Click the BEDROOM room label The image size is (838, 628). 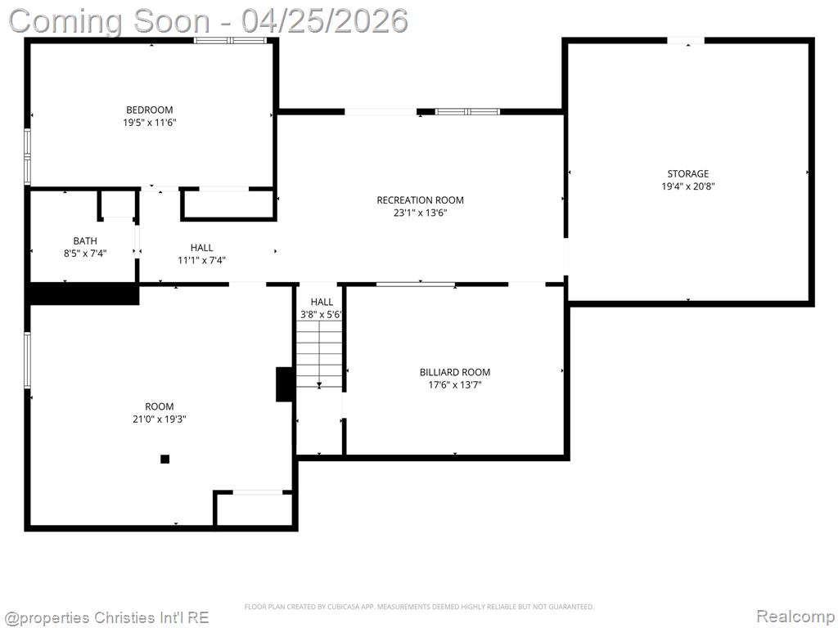click(x=150, y=110)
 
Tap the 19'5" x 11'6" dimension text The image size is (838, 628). click(x=150, y=123)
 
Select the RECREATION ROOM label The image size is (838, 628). click(x=420, y=200)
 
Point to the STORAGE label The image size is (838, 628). click(x=687, y=173)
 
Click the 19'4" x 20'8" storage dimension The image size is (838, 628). click(x=687, y=186)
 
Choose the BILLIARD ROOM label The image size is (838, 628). click(x=455, y=372)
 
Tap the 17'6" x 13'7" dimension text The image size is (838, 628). click(x=455, y=385)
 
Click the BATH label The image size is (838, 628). click(x=85, y=241)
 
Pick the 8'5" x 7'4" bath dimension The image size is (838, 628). click(x=85, y=253)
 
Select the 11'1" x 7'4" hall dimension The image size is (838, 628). click(x=201, y=261)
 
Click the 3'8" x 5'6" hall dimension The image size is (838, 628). click(x=321, y=315)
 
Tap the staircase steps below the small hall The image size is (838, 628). click(x=320, y=355)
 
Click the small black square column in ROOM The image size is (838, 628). click(x=165, y=459)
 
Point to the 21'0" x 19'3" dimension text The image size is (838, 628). click(x=160, y=419)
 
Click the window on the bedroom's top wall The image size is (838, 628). click(x=230, y=40)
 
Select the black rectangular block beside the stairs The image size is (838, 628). click(x=284, y=384)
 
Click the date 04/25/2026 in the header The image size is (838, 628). click(x=324, y=20)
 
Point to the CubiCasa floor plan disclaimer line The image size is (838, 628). click(x=419, y=607)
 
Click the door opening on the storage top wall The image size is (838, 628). click(x=686, y=41)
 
